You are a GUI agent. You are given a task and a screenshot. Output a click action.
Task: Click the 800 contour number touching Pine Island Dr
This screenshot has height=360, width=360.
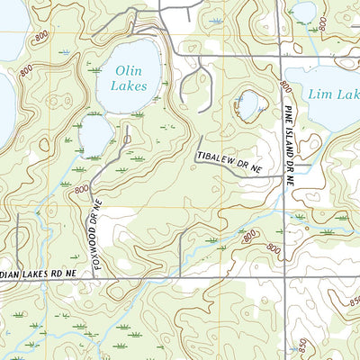pos(284,86)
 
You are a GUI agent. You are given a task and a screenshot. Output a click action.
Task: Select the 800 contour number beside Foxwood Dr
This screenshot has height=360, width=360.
pos(82,190)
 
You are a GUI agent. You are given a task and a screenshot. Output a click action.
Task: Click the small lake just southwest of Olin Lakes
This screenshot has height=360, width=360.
pos(95,136)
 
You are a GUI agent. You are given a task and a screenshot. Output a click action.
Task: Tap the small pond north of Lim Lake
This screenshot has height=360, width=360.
pos(304,12)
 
